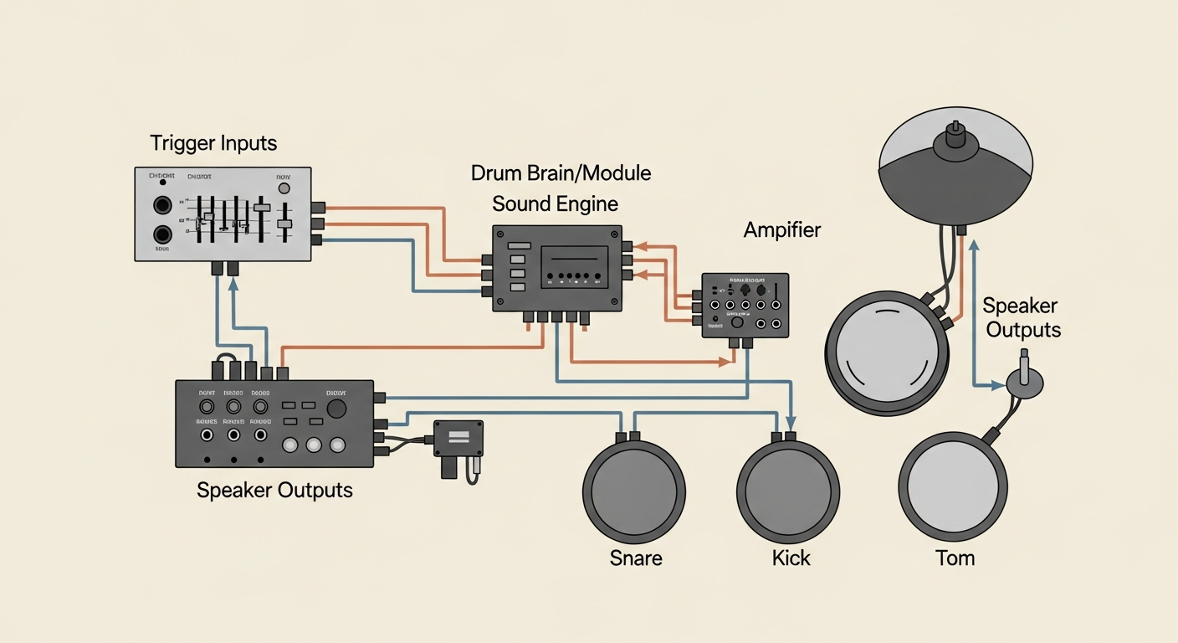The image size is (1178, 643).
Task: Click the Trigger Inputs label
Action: tap(213, 143)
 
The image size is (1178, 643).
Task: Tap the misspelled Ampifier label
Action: tap(782, 230)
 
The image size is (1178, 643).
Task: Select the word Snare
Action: tap(636, 558)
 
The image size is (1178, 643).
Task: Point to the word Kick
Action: tap(791, 558)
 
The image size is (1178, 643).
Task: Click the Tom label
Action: tap(955, 558)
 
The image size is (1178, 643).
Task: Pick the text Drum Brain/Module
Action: tap(561, 174)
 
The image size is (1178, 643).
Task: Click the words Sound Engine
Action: tap(555, 203)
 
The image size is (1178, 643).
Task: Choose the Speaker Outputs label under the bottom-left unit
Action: tap(274, 490)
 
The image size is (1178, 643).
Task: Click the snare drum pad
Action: tap(634, 489)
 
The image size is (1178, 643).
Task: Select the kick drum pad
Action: tap(788, 489)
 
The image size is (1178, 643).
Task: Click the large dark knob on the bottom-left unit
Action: tap(337, 409)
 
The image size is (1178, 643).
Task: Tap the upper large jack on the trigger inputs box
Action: tap(162, 205)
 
